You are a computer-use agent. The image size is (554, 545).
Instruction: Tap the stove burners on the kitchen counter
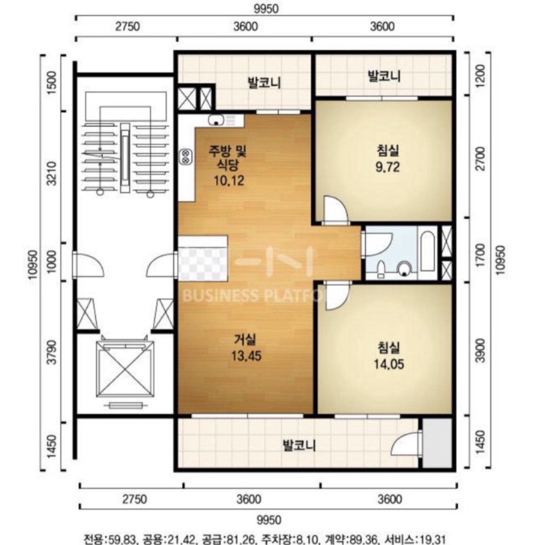click(186, 156)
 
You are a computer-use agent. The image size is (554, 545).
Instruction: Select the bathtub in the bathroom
click(427, 252)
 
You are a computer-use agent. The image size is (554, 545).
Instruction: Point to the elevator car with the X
click(125, 369)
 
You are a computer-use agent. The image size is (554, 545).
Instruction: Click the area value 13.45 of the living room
click(246, 355)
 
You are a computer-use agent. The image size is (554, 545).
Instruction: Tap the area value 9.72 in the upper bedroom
click(388, 166)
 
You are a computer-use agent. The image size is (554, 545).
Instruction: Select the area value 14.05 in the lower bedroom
click(389, 363)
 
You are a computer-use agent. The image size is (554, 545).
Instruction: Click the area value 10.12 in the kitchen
click(229, 181)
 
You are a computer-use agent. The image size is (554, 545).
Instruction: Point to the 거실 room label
click(245, 340)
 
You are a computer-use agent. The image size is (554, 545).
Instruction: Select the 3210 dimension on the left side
click(52, 174)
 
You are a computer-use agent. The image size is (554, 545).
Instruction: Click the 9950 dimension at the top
click(266, 9)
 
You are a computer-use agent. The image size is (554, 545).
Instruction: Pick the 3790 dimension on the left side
click(52, 352)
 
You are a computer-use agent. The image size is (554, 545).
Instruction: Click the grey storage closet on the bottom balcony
click(437, 442)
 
